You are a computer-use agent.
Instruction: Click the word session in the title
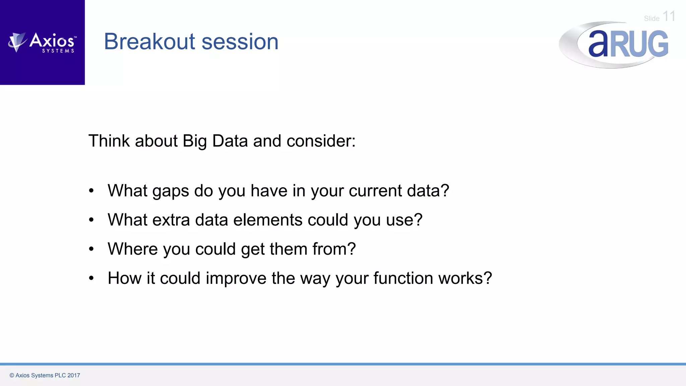click(240, 42)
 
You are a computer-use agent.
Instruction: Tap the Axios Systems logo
click(42, 43)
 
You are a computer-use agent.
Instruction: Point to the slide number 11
click(669, 16)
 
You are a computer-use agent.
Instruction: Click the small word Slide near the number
click(651, 19)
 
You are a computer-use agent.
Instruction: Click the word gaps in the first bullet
click(170, 191)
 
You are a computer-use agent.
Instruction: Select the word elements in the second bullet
click(268, 220)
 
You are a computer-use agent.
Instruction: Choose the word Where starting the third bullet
click(132, 249)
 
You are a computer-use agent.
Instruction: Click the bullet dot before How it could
click(91, 278)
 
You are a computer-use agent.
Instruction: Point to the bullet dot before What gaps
click(91, 191)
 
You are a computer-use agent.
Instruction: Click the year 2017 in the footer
click(74, 375)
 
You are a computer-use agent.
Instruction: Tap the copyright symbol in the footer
click(12, 375)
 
